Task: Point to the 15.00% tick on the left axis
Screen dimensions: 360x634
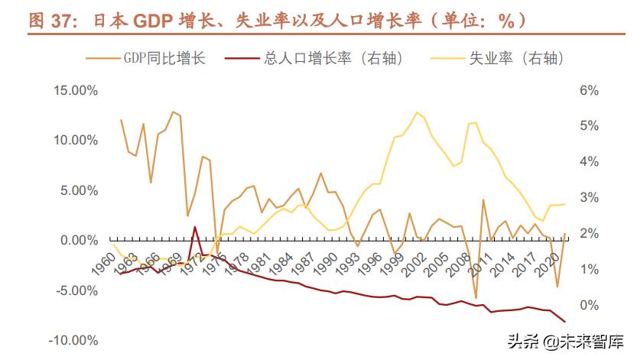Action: [75, 90]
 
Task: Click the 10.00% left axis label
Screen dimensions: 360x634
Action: [75, 141]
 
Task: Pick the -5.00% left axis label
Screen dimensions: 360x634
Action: [75, 290]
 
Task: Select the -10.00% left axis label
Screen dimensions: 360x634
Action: [73, 340]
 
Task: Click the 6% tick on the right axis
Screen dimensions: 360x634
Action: [588, 90]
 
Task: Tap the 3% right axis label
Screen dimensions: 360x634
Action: [588, 197]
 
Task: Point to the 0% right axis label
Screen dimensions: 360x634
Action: [588, 305]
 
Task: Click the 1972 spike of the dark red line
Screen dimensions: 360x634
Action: [195, 227]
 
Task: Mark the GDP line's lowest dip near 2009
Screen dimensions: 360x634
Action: [476, 298]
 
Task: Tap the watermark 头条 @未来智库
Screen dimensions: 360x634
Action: [564, 342]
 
